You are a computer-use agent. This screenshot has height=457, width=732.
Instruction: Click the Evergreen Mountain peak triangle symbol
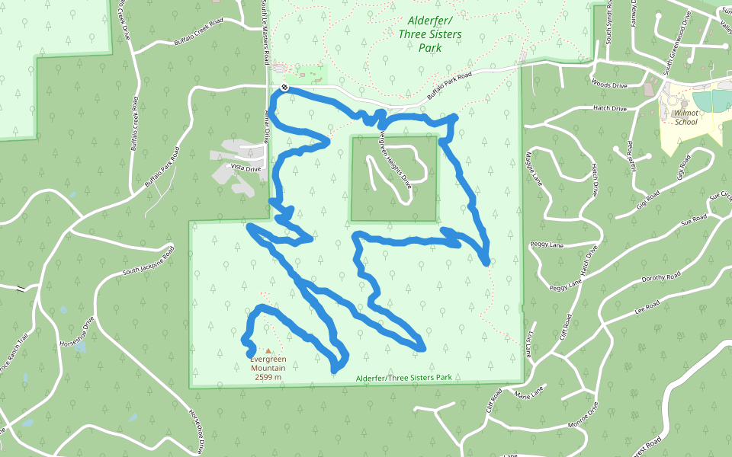point(268,351)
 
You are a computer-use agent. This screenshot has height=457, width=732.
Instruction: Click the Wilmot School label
point(685,117)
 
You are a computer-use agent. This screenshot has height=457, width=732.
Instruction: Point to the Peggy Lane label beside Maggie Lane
point(546,245)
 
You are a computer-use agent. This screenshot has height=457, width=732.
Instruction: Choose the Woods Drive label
point(608,84)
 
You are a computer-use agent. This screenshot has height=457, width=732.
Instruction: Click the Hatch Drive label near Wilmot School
point(609,109)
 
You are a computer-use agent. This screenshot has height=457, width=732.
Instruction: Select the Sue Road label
point(695,219)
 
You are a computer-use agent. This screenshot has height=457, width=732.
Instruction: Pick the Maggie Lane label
point(534,169)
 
